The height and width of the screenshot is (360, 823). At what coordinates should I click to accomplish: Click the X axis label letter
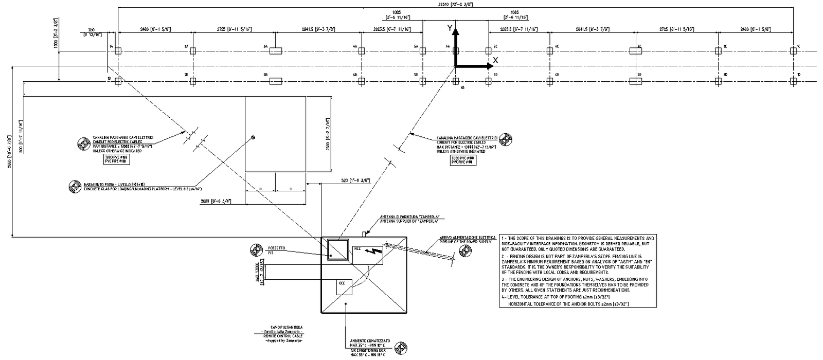tap(495, 60)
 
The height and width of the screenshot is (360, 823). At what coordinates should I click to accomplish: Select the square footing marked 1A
tap(118, 50)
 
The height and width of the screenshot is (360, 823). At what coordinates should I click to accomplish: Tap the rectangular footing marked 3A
tap(276, 50)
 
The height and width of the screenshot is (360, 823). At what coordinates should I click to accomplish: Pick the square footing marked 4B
tap(361, 81)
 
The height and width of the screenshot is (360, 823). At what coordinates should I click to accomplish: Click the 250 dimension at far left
tap(92, 29)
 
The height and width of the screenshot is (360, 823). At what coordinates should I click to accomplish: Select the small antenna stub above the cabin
tap(364, 234)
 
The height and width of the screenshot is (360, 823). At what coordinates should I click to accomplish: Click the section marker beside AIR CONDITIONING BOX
tap(400, 349)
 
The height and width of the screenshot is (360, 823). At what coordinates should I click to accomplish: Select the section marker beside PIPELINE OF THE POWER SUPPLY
tap(465, 250)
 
